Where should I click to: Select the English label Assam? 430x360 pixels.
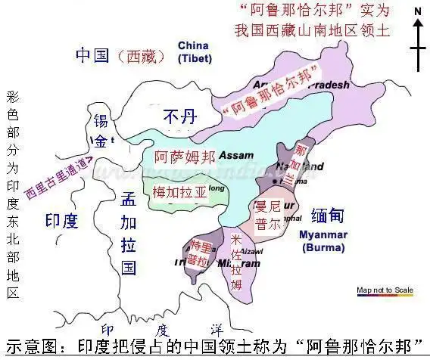tap(235, 155)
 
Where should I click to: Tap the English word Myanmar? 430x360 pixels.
tap(321, 234)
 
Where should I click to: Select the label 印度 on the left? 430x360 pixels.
tap(62, 220)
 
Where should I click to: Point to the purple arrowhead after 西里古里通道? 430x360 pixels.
tap(89, 160)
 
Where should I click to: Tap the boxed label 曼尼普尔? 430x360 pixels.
tap(267, 214)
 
